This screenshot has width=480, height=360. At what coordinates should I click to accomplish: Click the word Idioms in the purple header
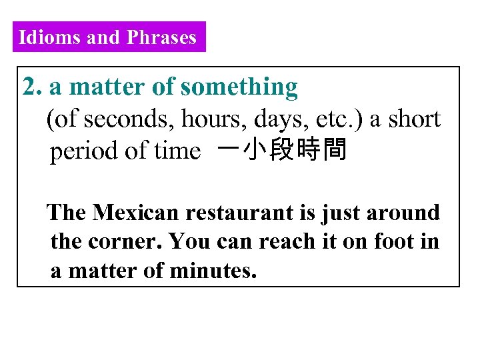coord(50,37)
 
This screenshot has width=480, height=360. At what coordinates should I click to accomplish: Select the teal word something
coord(239,87)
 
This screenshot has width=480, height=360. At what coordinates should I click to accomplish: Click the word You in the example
coord(187,242)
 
